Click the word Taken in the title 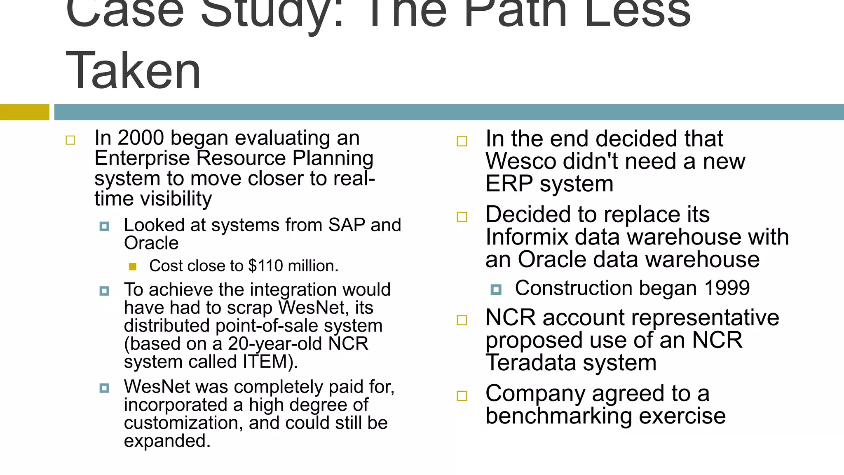(x=133, y=70)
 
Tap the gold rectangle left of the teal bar (x=24, y=112)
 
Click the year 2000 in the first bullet (x=141, y=138)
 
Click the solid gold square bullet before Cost (x=133, y=267)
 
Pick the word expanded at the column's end (x=167, y=441)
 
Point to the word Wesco (x=520, y=161)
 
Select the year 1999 (x=727, y=288)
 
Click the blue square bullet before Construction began (x=496, y=290)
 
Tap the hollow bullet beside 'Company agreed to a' (x=462, y=396)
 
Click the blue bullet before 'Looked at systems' (x=104, y=226)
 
